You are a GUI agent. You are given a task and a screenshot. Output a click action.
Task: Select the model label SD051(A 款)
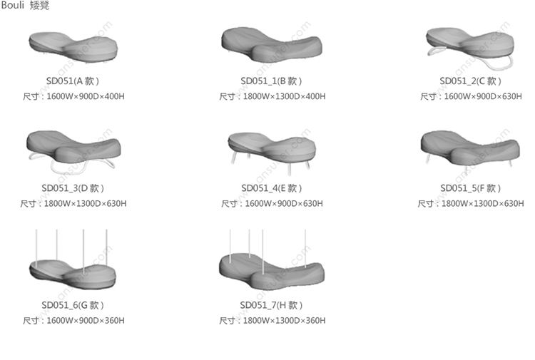(73, 81)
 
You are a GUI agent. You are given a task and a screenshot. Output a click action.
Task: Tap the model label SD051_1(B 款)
(271, 81)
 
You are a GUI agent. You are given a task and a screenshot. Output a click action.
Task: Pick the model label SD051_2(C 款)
(471, 81)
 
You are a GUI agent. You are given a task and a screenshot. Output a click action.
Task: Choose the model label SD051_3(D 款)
(73, 188)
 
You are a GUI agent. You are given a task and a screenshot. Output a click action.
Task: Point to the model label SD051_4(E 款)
(272, 188)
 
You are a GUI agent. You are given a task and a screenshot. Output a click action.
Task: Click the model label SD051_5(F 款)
(471, 188)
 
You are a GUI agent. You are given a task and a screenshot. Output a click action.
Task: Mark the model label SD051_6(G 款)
(73, 305)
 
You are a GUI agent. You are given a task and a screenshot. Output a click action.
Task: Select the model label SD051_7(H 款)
(271, 305)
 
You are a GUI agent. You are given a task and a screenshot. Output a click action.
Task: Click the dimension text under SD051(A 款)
(73, 96)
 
